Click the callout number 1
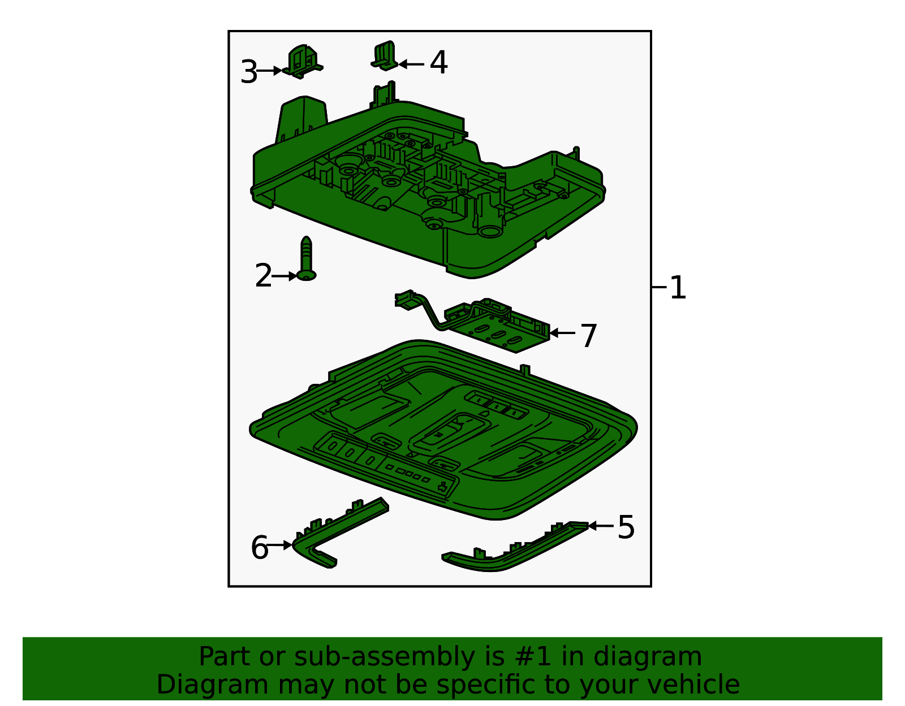[678, 288]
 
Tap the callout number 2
[263, 276]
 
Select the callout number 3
[248, 72]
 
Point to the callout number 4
[439, 63]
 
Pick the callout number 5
[626, 527]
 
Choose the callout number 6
[259, 548]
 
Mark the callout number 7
[589, 336]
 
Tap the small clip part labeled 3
[304, 63]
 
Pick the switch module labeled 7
[498, 328]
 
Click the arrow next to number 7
[562, 333]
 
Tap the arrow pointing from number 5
[601, 526]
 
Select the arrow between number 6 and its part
[280, 545]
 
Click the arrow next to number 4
[411, 64]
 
